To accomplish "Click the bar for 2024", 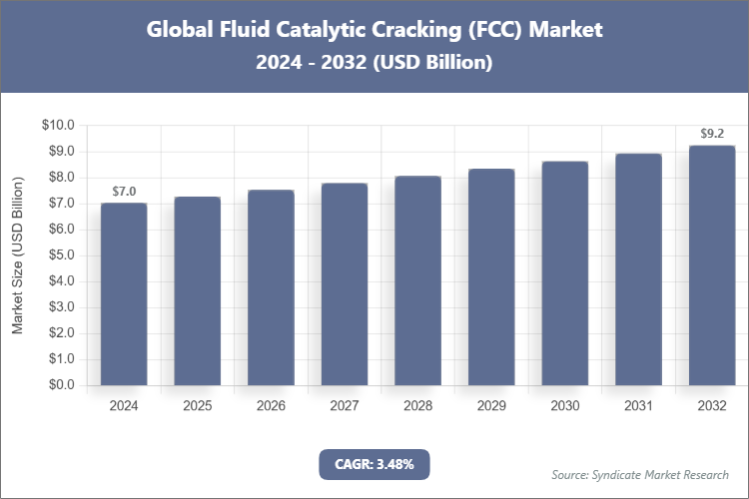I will pyautogui.click(x=124, y=293).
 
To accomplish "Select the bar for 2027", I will pyautogui.click(x=345, y=283).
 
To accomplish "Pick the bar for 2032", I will pyautogui.click(x=712, y=264).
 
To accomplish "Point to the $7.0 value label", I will pyautogui.click(x=124, y=191).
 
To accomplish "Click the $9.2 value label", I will pyautogui.click(x=712, y=133).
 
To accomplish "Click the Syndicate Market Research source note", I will pyautogui.click(x=640, y=474).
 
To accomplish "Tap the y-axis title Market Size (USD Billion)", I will pyautogui.click(x=17, y=254).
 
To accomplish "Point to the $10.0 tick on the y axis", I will pyautogui.click(x=57, y=125).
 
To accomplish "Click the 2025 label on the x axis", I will pyautogui.click(x=198, y=406).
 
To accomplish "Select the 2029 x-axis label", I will pyautogui.click(x=491, y=406).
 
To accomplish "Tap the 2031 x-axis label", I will pyautogui.click(x=638, y=406).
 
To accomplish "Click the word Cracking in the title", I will pyautogui.click(x=431, y=29).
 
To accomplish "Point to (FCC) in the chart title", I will pyautogui.click(x=502, y=29).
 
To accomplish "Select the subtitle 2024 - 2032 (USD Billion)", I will pyautogui.click(x=374, y=62).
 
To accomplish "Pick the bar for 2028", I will pyautogui.click(x=418, y=280).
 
